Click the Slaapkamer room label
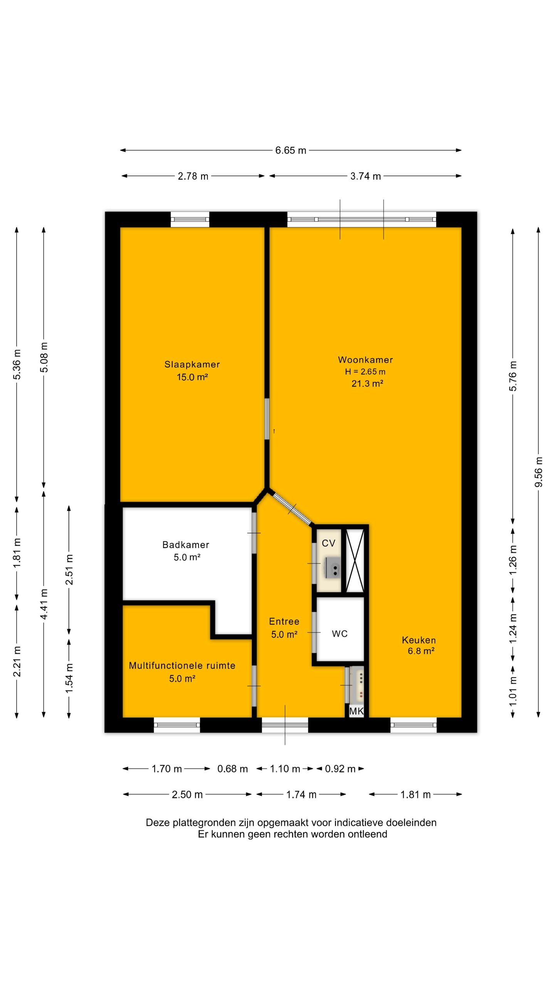pos(192,364)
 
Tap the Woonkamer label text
pos(365,360)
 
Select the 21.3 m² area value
pos(367,384)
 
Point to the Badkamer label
pos(186,545)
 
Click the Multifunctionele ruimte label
pos(182,666)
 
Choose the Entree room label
pos(284,621)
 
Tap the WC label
pos(340,634)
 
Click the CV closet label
pos(328,543)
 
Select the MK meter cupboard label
pos(356,711)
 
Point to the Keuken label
pos(419,640)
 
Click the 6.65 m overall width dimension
pos(291,150)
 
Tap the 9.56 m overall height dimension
pos(538,472)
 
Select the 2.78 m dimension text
pos(193,176)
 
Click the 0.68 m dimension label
pos(232,769)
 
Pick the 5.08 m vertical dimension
pos(44,357)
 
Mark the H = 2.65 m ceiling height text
pos(365,372)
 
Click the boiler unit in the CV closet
pos(332,568)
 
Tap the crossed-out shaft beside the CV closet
pos(355,561)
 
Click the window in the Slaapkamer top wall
pos(190,219)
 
